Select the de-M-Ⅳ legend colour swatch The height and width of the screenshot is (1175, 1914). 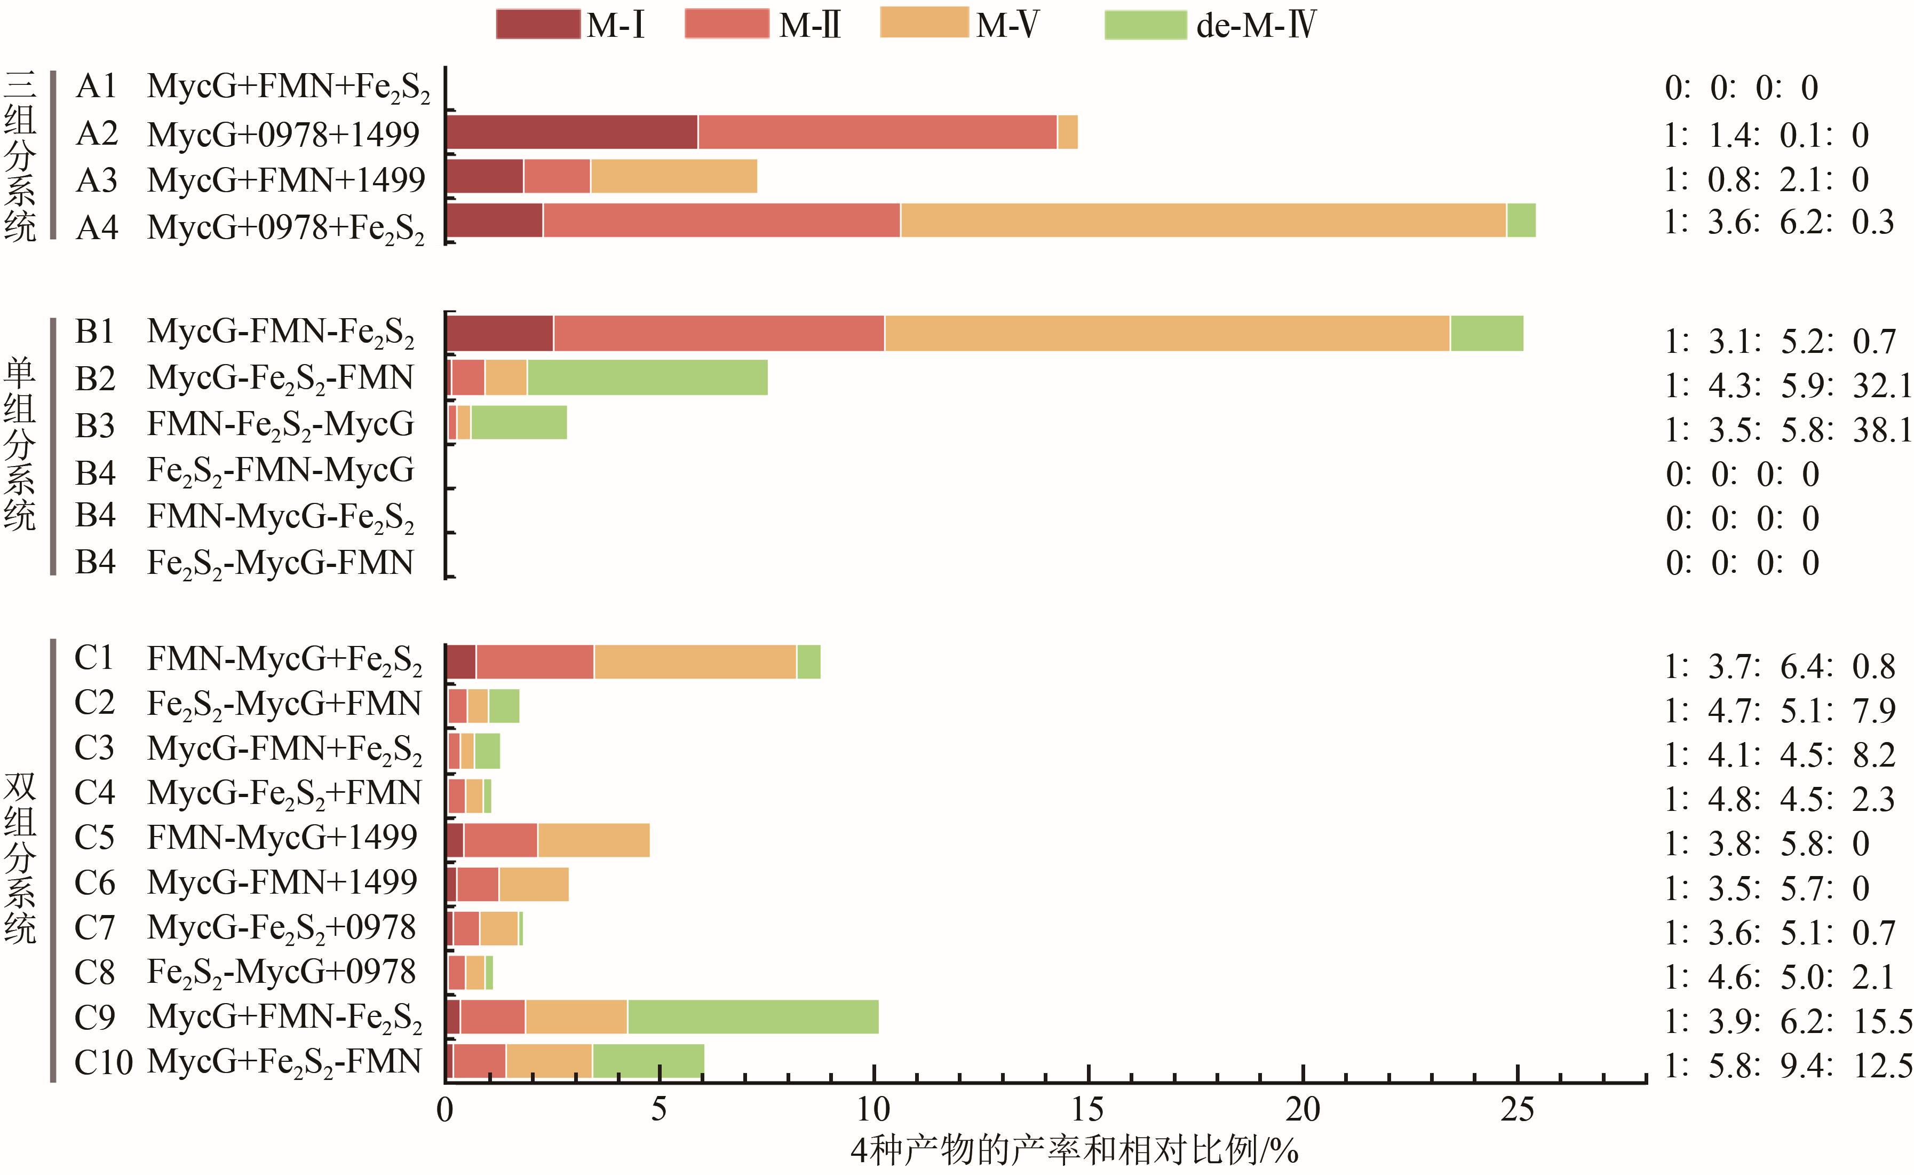[x=1146, y=24]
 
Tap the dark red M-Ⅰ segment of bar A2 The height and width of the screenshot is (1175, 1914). [x=571, y=132]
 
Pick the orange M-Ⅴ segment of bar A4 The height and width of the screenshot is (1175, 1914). [x=1203, y=220]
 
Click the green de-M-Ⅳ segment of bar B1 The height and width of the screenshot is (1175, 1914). [x=1486, y=333]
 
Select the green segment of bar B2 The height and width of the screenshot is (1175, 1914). [x=647, y=377]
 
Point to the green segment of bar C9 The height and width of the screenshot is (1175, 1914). [x=753, y=1017]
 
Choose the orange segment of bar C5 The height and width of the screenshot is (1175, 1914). [x=593, y=840]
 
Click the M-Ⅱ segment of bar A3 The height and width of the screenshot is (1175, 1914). [x=557, y=176]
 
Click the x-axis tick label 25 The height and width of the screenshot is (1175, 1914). [x=1516, y=1110]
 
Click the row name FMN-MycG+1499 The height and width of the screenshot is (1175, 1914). [x=282, y=838]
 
